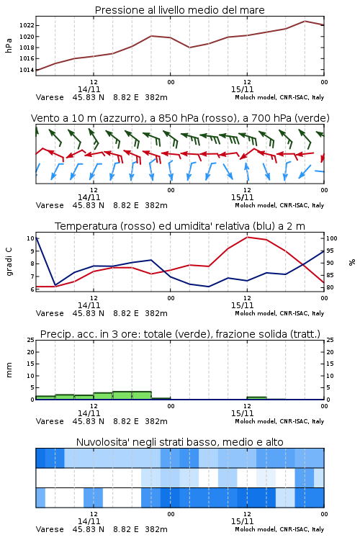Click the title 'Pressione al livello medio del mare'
(x=179, y=10)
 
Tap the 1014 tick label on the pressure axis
(x=27, y=70)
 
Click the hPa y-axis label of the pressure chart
(x=9, y=45)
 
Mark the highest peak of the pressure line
(x=305, y=21)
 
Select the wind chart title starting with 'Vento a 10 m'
(x=180, y=118)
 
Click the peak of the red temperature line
(x=248, y=237)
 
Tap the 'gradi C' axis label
(x=9, y=261)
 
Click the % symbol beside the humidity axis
(x=352, y=262)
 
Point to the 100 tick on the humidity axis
(x=332, y=238)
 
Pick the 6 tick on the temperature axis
(x=32, y=289)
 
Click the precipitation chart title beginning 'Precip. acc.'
(x=180, y=334)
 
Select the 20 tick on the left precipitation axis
(x=31, y=352)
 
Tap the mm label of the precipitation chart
(x=9, y=370)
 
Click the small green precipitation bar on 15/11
(x=256, y=398)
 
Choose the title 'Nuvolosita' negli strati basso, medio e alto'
(x=179, y=442)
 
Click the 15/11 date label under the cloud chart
(x=242, y=521)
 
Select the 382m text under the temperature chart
(x=156, y=313)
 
